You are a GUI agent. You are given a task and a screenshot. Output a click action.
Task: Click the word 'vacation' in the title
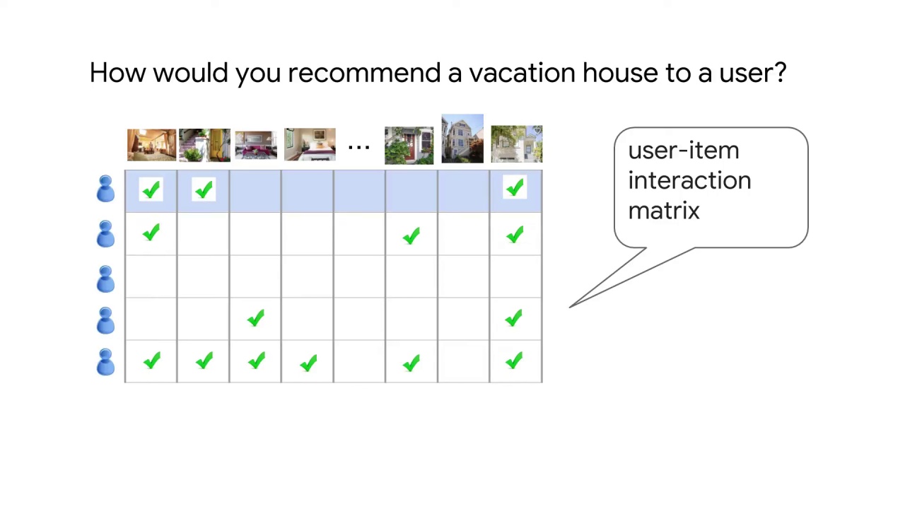522,73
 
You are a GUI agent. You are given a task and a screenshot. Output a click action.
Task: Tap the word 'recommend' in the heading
363,73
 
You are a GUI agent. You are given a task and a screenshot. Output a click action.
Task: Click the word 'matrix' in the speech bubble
663,211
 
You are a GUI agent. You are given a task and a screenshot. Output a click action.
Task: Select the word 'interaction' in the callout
689,181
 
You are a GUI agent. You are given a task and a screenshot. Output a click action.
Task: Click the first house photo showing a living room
151,145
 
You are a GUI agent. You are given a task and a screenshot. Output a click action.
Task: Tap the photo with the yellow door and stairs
204,145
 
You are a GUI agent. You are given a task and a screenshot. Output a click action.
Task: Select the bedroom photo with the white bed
310,145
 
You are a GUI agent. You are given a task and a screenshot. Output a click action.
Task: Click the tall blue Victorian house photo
462,139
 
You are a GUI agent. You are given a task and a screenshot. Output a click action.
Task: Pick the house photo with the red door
409,145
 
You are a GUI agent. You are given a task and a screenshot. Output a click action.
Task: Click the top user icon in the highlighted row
105,189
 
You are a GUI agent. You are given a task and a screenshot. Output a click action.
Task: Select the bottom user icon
105,362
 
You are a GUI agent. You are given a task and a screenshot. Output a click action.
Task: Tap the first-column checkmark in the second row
151,234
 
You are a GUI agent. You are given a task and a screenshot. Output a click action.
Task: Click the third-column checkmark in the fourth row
255,319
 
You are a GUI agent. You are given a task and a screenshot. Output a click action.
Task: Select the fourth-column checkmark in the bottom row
308,363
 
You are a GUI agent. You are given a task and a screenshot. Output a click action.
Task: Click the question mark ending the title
779,73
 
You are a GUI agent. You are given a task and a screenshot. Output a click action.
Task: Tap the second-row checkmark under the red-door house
411,237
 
